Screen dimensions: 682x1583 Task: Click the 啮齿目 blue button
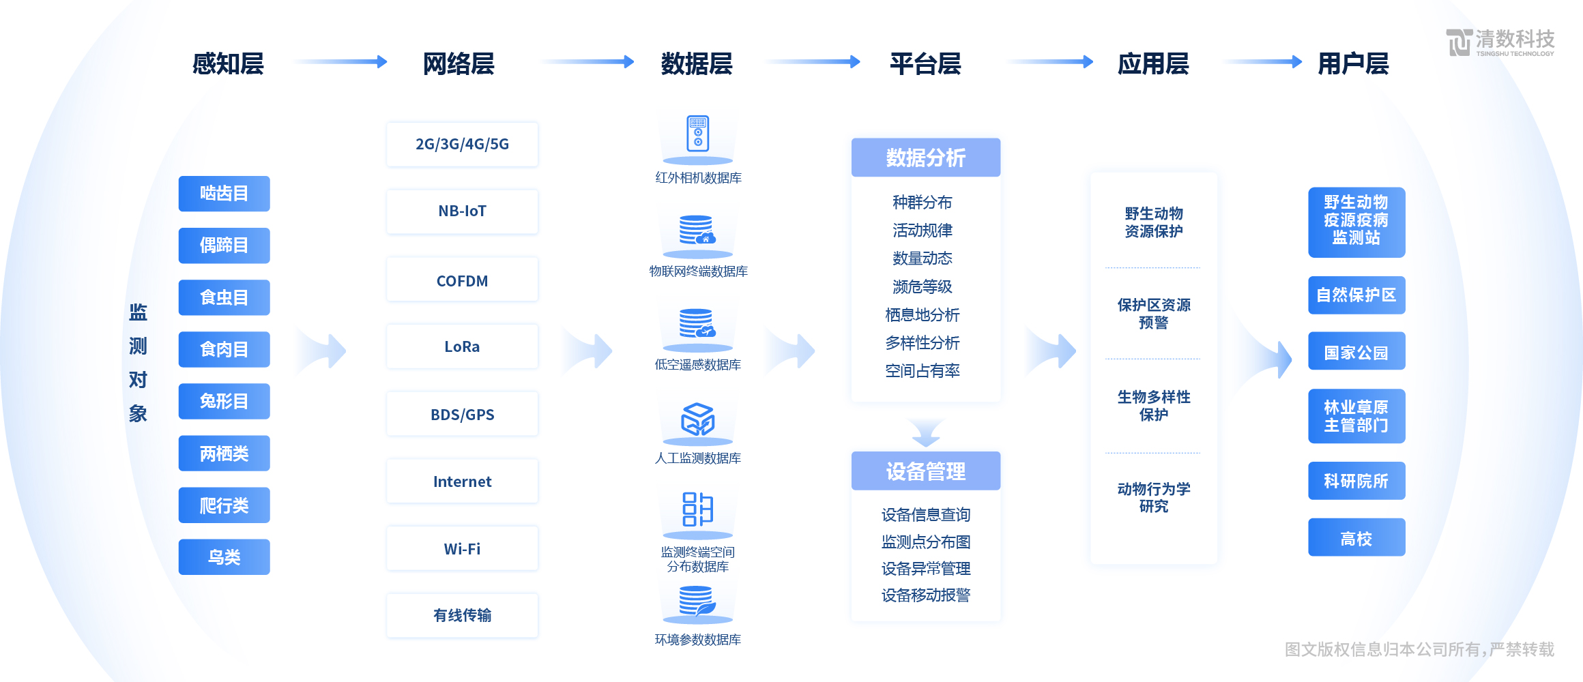[x=224, y=194]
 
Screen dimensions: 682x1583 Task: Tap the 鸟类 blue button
[x=224, y=557]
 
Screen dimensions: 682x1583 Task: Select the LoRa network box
[x=462, y=346]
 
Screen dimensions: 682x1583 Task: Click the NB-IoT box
[x=462, y=211]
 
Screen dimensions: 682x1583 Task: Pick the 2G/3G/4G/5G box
[x=462, y=145]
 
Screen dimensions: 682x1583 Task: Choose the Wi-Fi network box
[x=462, y=549]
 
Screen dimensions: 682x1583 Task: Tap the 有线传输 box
[x=462, y=615]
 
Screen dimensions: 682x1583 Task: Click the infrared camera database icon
[x=697, y=134]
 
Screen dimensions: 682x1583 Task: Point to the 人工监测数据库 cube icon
[x=697, y=419]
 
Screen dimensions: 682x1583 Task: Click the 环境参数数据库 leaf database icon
[x=697, y=602]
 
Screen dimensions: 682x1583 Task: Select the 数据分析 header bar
[x=925, y=158]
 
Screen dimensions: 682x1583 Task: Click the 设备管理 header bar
[x=925, y=471]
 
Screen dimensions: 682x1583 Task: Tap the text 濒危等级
[x=922, y=286]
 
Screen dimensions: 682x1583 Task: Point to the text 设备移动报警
[x=925, y=595]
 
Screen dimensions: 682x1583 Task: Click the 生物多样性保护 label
[x=1153, y=406]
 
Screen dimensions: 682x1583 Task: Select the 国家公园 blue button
[x=1356, y=352]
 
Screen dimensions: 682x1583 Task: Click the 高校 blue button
[x=1356, y=538]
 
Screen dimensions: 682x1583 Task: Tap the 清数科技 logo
[x=1499, y=42]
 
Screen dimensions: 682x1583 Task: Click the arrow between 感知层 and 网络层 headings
[x=340, y=62]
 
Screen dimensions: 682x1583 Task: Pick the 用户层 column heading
[x=1352, y=64]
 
